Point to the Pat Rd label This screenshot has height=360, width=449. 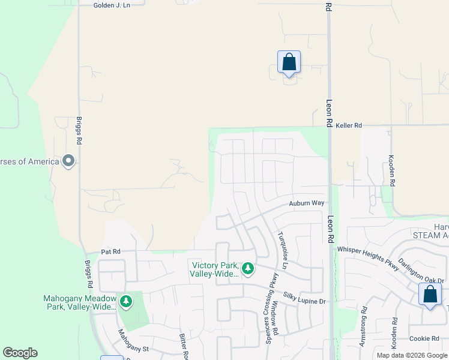pyautogui.click(x=111, y=251)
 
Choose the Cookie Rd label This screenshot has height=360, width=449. pyautogui.click(x=424, y=339)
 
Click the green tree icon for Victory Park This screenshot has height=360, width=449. pyautogui.click(x=247, y=267)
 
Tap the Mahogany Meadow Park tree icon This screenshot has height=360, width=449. pyautogui.click(x=125, y=301)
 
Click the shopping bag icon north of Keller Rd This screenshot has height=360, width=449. pyautogui.click(x=289, y=62)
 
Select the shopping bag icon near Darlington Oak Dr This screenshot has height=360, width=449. pyautogui.click(x=430, y=295)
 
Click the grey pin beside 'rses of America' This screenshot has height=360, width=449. pyautogui.click(x=68, y=161)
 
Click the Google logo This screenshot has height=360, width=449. pyautogui.click(x=20, y=353)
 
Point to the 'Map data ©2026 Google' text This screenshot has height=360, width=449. pyautogui.click(x=412, y=355)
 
